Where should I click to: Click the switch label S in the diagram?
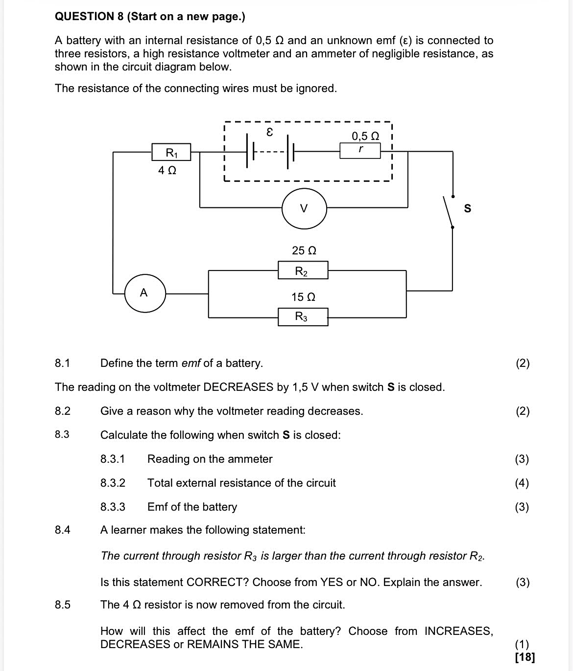[467, 208]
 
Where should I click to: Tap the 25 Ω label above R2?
[304, 250]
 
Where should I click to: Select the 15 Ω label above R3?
[303, 297]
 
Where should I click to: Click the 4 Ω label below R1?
[167, 170]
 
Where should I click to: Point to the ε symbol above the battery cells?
[269, 132]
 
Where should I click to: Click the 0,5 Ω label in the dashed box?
[365, 136]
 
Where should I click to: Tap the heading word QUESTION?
[85, 16]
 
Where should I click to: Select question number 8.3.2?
[113, 483]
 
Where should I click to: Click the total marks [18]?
[525, 657]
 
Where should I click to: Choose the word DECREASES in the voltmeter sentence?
[238, 387]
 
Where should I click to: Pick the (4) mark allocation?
[522, 483]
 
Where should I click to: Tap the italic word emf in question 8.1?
[191, 363]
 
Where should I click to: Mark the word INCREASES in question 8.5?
[458, 631]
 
